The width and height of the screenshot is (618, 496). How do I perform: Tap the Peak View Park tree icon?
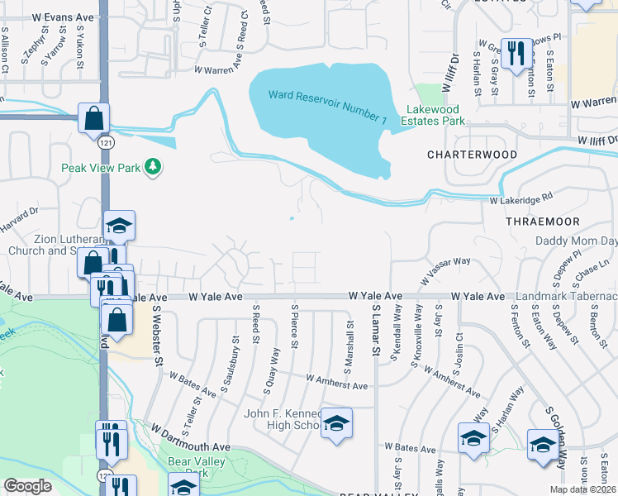[152, 168]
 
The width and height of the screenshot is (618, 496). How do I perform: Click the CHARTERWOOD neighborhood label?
[472, 155]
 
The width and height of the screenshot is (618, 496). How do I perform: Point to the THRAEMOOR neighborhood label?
[543, 222]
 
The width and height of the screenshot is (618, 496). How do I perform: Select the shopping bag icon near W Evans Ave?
[93, 117]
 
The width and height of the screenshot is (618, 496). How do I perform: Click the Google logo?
[28, 486]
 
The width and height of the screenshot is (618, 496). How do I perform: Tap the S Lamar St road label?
[375, 329]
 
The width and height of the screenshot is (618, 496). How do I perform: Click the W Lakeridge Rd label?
[521, 200]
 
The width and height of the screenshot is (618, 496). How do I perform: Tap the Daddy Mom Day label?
[576, 241]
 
